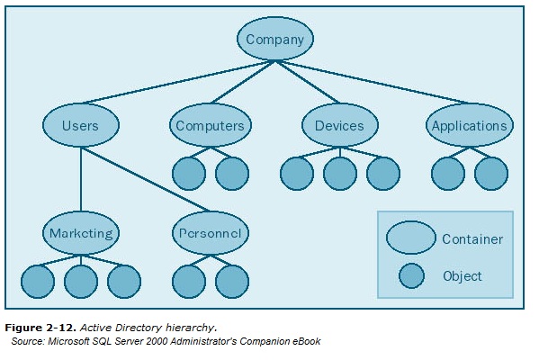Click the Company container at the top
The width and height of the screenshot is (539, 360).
[x=275, y=40]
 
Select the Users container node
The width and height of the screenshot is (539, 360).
[x=81, y=126]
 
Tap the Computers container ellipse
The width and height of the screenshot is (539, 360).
[x=210, y=126]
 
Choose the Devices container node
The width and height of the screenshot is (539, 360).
[x=338, y=126]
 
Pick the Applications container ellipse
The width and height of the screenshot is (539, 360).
[x=469, y=126]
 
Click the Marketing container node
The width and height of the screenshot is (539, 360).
[x=81, y=233]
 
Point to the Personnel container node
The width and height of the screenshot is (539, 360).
[x=210, y=233]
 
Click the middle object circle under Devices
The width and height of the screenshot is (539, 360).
[x=339, y=174]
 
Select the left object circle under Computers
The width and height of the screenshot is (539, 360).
[x=188, y=174]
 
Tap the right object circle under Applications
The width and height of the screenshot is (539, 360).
[x=490, y=174]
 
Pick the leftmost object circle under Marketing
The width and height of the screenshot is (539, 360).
[x=37, y=282]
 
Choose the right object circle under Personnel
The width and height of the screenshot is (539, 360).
[x=231, y=282]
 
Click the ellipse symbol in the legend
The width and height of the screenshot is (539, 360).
[x=410, y=238]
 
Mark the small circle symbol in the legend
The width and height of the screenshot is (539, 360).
[x=411, y=276]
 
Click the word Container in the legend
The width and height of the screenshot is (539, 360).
[x=472, y=239]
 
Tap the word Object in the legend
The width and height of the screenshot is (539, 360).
[x=462, y=276]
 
